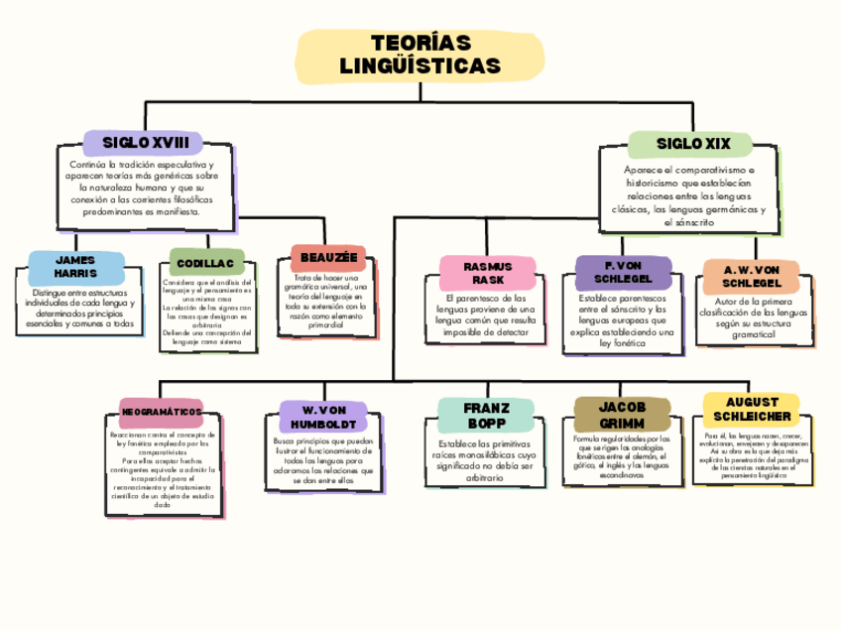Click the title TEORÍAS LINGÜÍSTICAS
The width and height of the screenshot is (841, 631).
420,56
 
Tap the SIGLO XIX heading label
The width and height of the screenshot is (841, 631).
693,144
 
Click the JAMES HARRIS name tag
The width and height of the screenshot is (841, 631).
75,266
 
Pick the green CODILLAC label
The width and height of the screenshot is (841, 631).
206,263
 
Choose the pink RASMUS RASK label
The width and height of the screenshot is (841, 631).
488,273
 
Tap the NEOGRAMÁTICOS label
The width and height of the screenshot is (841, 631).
162,412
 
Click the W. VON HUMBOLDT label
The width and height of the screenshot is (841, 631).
323,418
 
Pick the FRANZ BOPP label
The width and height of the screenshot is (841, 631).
487,416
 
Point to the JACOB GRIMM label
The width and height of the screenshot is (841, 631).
621,416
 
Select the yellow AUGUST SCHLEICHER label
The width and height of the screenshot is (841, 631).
758,409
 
